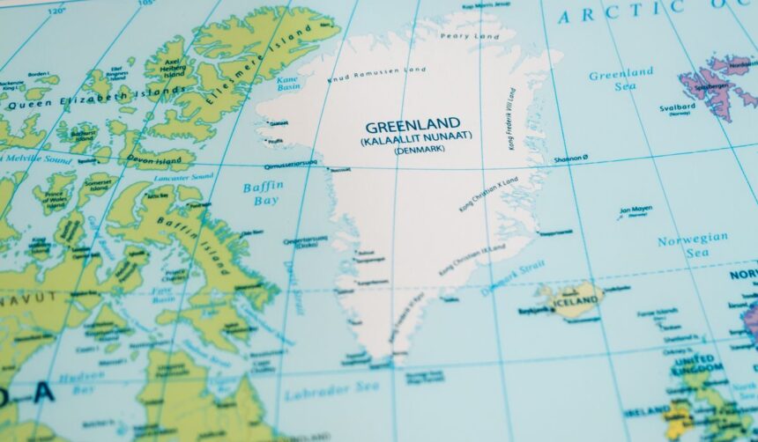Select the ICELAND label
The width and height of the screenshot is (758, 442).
(576, 299)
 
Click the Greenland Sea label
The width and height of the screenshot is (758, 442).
(621, 78)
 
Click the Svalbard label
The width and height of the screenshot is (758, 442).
(679, 108)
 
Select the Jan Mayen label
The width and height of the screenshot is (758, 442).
(635, 210)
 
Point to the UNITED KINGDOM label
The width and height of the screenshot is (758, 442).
(696, 365)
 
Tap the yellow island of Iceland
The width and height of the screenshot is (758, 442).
(573, 299)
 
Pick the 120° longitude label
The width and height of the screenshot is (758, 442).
(56, 11)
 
